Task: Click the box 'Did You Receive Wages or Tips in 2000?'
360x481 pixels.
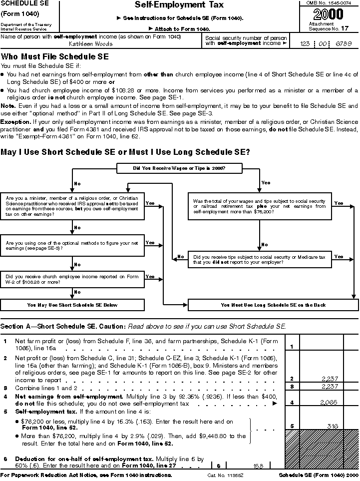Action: pyautogui.click(x=179, y=168)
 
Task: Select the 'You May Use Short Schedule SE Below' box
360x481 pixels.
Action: pyautogui.click(x=72, y=305)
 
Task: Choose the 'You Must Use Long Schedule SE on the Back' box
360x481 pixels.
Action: pyautogui.click(x=273, y=305)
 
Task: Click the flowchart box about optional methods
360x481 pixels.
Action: pyautogui.click(x=72, y=245)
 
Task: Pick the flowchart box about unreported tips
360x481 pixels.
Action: pyautogui.click(x=260, y=259)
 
